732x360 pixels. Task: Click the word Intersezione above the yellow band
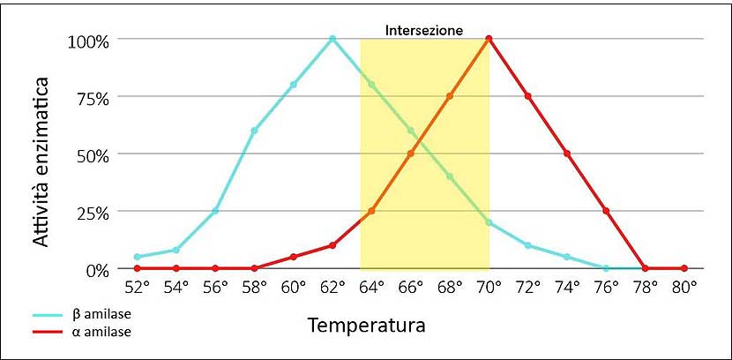coord(424,30)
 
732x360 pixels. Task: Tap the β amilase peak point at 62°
coord(332,39)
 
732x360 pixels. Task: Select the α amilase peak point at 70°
coord(489,39)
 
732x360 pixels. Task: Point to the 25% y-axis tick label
coord(91,213)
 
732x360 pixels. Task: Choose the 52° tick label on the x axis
coord(138,287)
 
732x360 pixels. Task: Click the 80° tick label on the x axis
coord(684,287)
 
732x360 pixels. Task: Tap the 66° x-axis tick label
coord(411,287)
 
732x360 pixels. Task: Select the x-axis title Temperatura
coord(367,325)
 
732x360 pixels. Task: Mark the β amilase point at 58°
coord(254,131)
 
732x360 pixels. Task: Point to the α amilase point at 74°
coord(567,154)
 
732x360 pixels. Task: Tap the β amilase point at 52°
coord(137,257)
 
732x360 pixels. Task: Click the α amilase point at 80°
coord(683,268)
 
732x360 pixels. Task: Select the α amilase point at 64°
coord(371,211)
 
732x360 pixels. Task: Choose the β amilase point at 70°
coord(489,222)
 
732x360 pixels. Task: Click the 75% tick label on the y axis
coord(91,98)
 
